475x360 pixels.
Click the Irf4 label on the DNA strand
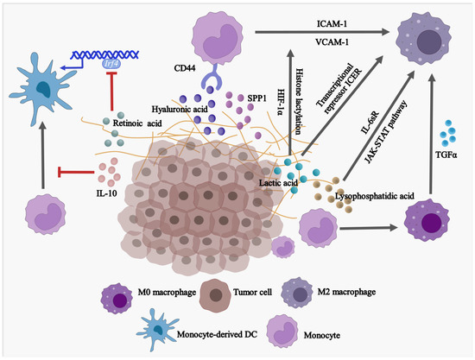click(x=111, y=62)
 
